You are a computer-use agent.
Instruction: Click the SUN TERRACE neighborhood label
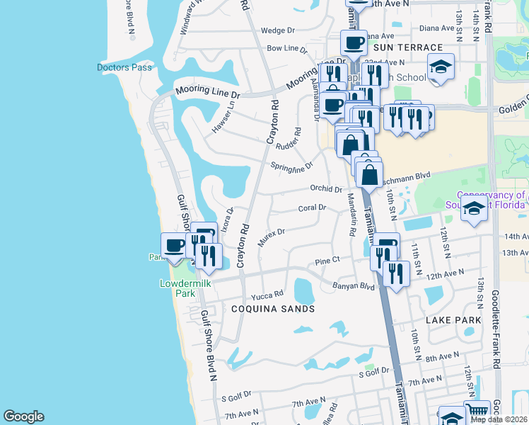coord(407,47)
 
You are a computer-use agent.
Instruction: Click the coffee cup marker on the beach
coord(175,246)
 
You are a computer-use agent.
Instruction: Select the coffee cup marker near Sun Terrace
coord(354,42)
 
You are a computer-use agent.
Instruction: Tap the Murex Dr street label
coord(271,237)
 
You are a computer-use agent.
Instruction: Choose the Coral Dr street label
coord(312,208)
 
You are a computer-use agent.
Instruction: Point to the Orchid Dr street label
coord(326,189)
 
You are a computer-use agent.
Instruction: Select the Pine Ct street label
coord(327,261)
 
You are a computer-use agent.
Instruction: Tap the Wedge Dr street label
coord(277,30)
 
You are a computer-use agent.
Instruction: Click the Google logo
coord(23,416)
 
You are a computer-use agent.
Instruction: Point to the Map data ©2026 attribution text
coord(499,419)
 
